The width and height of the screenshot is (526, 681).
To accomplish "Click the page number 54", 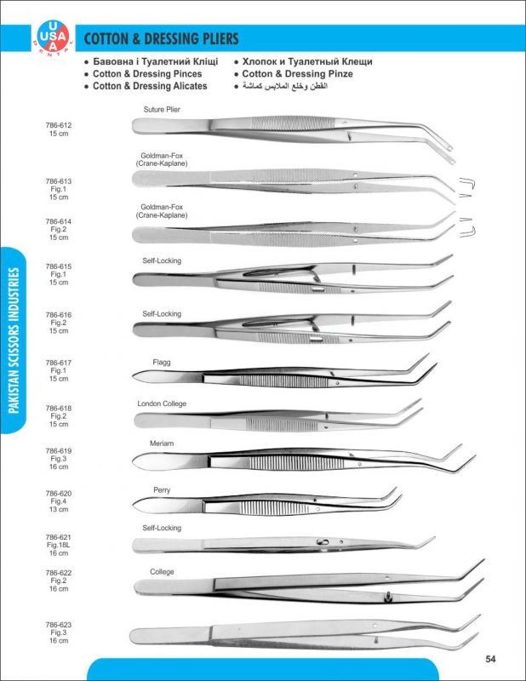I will [491, 659].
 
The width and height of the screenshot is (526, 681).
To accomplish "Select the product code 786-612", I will [59, 125].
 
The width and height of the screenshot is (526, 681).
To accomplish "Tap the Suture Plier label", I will [162, 110].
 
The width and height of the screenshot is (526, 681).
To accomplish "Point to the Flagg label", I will [162, 362].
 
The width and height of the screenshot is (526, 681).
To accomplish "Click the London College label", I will [162, 403].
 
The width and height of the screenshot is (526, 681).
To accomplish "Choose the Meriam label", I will [162, 445].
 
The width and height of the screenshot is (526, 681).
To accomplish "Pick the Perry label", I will [162, 490].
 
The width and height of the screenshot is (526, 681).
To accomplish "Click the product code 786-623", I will [59, 625].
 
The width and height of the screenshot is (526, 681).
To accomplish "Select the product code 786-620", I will [59, 494].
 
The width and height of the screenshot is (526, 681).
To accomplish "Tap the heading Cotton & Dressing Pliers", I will [161, 39].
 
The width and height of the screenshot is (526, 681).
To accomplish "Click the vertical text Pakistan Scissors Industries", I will [14, 340].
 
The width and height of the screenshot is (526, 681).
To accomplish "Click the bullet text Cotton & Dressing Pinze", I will [298, 74].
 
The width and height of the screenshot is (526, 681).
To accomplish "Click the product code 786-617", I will [59, 363].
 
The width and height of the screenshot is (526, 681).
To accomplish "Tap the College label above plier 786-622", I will [162, 570].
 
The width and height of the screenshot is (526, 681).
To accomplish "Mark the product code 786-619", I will [59, 450].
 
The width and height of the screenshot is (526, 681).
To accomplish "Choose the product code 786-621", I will [59, 536].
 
